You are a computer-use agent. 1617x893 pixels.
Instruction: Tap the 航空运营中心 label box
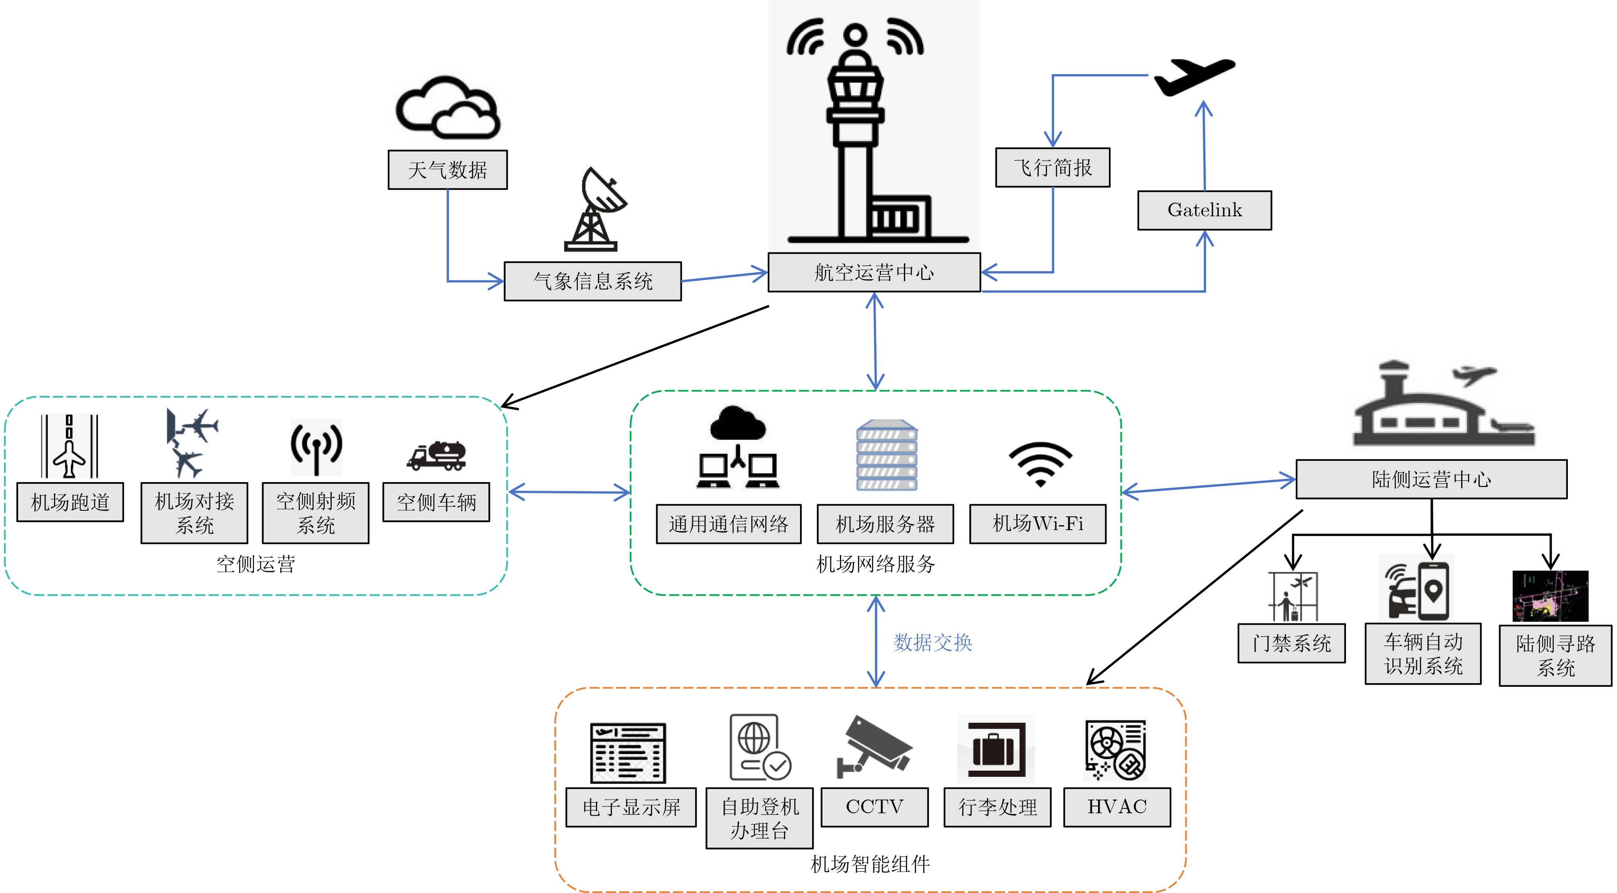tap(874, 272)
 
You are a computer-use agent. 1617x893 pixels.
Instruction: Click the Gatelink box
tap(1204, 210)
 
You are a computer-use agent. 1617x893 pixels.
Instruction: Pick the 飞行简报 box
tap(1052, 168)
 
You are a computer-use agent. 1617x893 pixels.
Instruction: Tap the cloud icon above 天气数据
tap(448, 108)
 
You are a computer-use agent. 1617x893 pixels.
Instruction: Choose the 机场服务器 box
tap(885, 524)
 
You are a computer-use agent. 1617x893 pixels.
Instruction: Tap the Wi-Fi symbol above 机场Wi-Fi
tap(1040, 464)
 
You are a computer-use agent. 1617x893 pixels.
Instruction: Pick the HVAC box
tap(1116, 807)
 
